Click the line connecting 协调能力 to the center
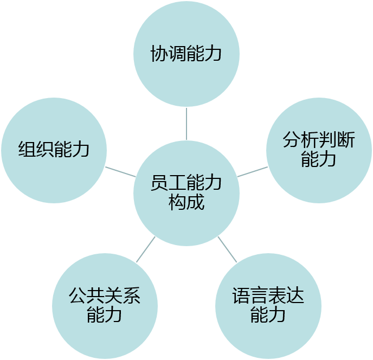[186, 123]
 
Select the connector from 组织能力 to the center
[120, 172]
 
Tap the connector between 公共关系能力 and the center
[145, 250]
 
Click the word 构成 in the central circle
[186, 202]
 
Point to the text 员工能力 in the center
[186, 184]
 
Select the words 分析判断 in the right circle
[319, 141]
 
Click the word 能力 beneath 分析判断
[319, 159]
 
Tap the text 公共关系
[105, 297]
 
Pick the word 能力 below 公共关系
[105, 315]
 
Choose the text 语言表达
[268, 297]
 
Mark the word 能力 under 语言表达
[268, 315]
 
